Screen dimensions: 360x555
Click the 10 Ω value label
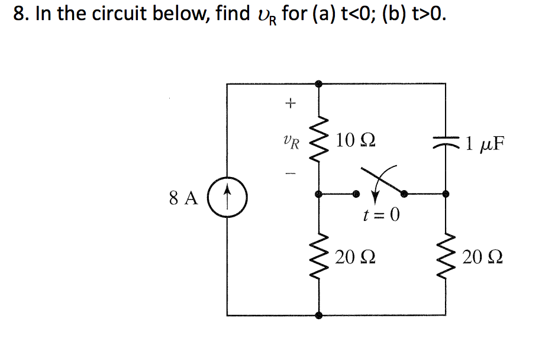354,141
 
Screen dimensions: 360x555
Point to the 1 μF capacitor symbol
446,143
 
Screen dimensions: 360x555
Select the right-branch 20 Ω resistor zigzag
446,256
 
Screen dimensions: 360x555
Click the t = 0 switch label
380,214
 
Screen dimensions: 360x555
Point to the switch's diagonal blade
385,179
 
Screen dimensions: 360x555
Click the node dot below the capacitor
446,193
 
